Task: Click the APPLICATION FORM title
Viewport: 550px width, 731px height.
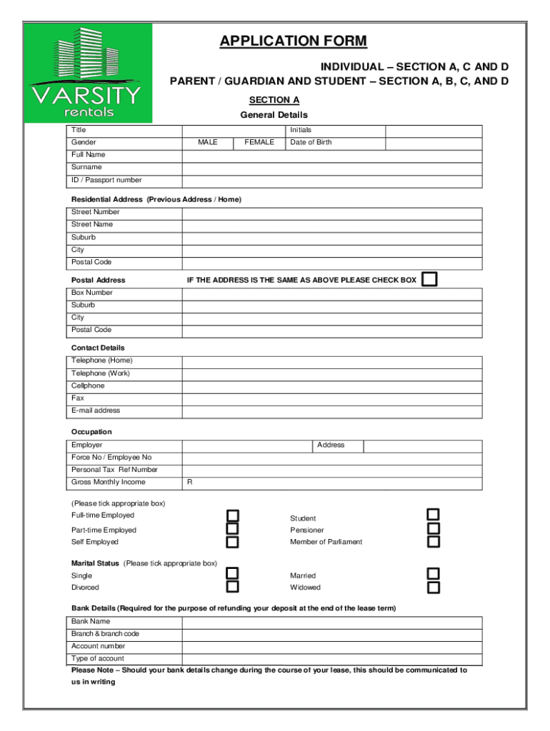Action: click(x=294, y=41)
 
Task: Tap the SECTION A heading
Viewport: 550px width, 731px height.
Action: click(x=274, y=100)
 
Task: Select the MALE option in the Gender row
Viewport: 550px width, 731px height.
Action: click(x=208, y=143)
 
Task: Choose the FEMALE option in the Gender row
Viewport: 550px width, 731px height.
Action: click(x=259, y=143)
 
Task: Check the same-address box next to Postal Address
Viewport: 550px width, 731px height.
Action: click(x=429, y=279)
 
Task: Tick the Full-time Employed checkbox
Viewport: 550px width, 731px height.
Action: click(x=233, y=515)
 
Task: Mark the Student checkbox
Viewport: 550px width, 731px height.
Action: click(x=434, y=515)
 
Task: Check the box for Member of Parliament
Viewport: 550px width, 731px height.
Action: click(x=434, y=541)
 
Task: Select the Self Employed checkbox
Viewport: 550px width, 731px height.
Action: click(x=233, y=542)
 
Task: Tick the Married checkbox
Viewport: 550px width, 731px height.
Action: click(x=434, y=574)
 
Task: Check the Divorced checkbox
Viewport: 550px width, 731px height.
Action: click(x=233, y=587)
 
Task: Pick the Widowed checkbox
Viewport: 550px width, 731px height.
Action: click(x=434, y=588)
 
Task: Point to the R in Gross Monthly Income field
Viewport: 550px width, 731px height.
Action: click(x=190, y=483)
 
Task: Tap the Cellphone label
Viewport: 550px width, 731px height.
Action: click(x=88, y=385)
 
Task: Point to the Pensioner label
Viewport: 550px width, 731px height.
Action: click(x=306, y=530)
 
